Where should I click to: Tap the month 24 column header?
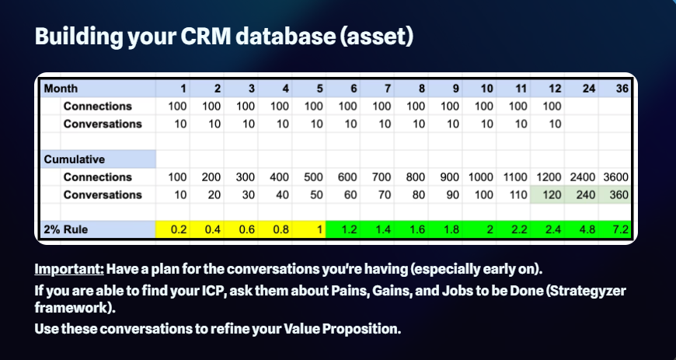pos(589,89)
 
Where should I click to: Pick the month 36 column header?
pos(622,89)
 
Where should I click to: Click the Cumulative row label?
pos(74,159)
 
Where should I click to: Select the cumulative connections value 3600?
pos(615,177)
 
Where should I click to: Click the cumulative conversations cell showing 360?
pos(619,194)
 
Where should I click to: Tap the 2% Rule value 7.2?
pos(621,229)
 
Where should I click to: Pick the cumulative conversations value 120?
pos(552,194)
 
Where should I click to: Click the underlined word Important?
pos(69,269)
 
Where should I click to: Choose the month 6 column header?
pos(354,89)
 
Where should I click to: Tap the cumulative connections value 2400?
pos(583,177)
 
